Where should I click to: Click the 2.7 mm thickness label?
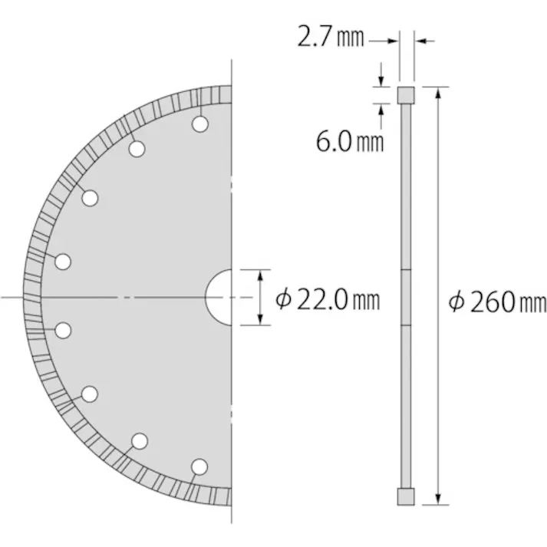(331, 36)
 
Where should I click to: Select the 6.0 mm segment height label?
(350, 140)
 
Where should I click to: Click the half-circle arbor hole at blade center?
(220, 296)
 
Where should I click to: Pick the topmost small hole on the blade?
(199, 124)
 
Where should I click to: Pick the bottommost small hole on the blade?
(199, 466)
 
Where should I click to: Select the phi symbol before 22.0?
(284, 298)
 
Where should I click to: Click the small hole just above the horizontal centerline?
(64, 262)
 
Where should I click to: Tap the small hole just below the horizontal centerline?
(64, 330)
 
